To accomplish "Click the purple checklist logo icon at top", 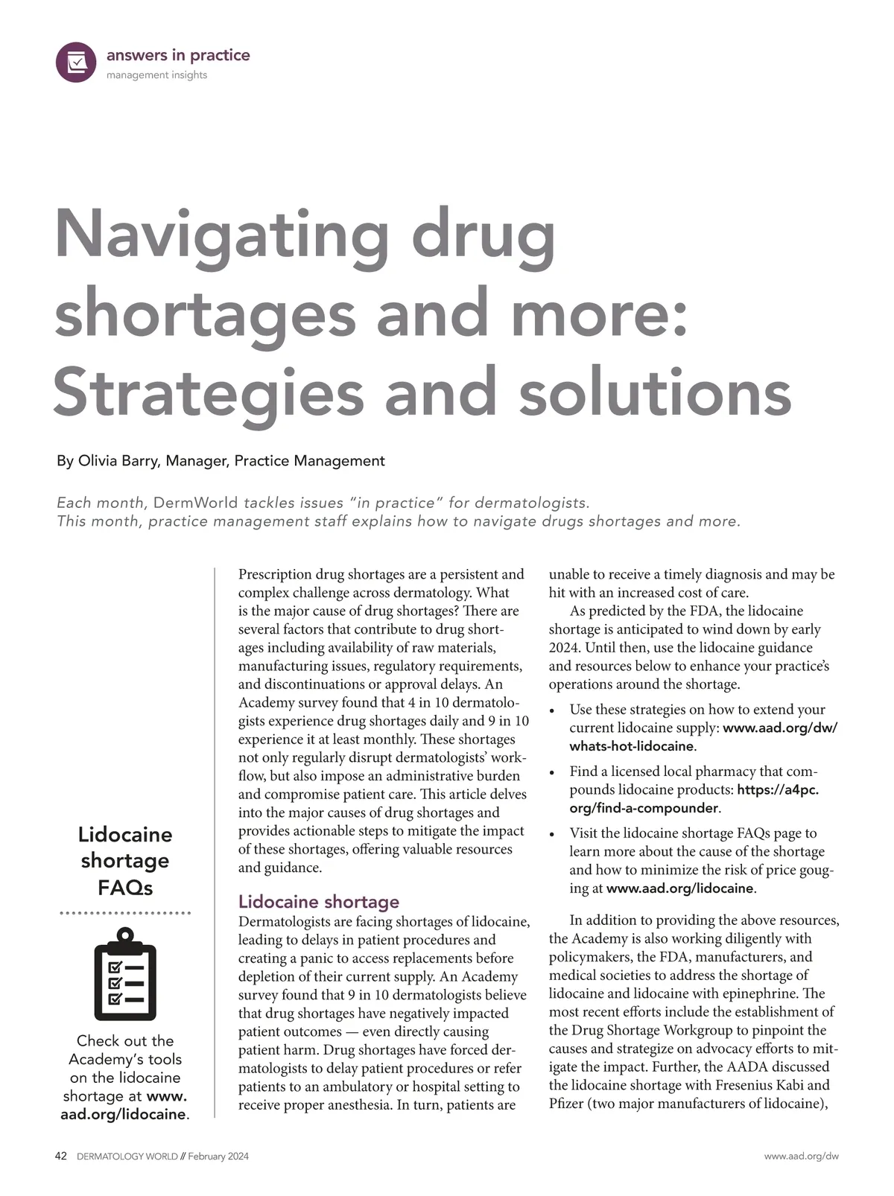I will click(76, 62).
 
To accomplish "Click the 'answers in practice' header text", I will click(178, 55).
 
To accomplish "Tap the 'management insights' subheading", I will click(156, 75).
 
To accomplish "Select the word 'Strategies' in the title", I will click(209, 392).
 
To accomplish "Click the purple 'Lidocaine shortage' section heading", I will click(319, 902).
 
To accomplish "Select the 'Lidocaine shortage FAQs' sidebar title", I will click(125, 860).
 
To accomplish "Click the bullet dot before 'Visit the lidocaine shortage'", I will click(552, 835).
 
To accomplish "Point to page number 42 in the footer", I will click(62, 1157).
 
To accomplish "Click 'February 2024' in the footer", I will click(218, 1157).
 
